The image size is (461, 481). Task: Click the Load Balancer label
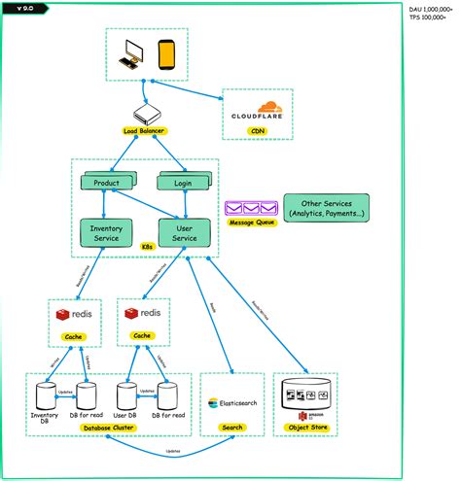point(144,130)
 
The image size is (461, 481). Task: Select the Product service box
point(107,183)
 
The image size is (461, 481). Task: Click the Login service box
point(182,183)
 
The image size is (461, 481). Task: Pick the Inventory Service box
point(106,233)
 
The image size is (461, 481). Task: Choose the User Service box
point(184,233)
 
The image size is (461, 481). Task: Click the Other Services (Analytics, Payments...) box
point(326,208)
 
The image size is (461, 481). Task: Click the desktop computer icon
point(130,59)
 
